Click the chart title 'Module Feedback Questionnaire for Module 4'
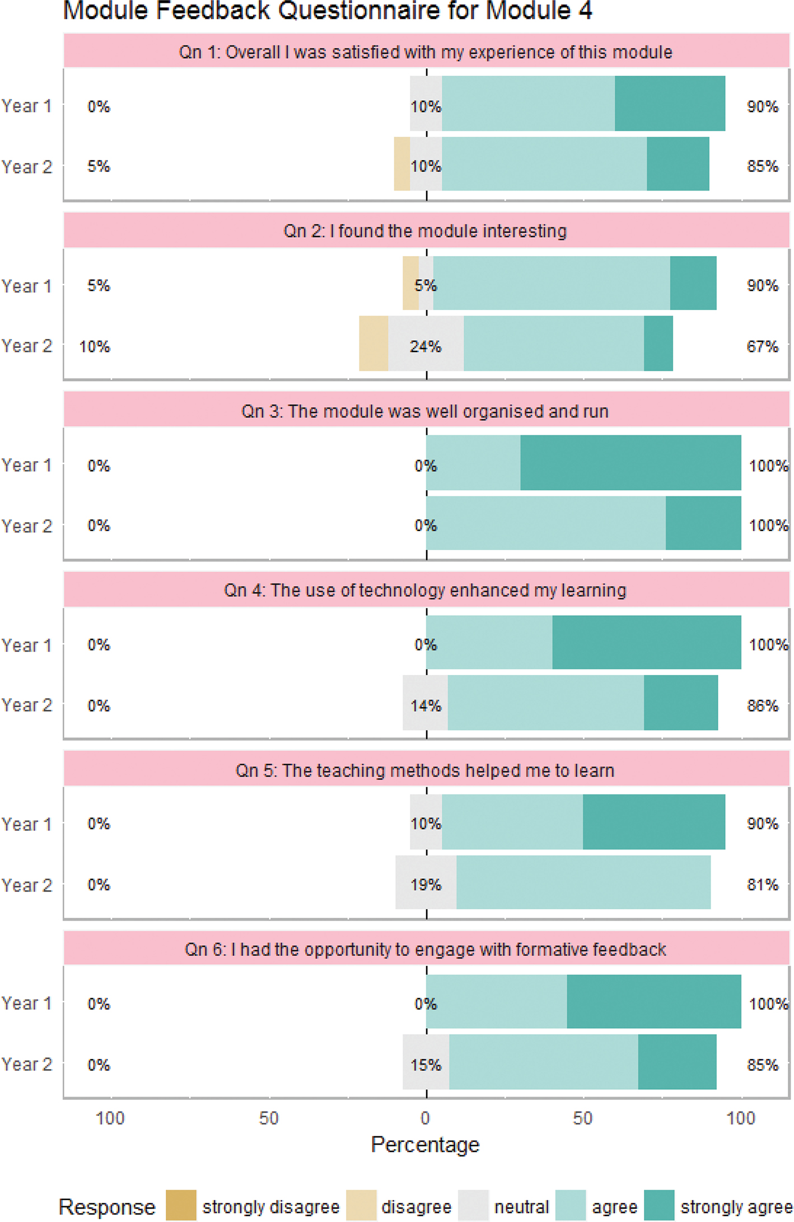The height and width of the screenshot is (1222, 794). tap(327, 11)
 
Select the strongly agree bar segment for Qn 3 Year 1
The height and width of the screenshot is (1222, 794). tap(630, 463)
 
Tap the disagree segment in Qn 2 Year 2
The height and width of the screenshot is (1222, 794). tap(373, 343)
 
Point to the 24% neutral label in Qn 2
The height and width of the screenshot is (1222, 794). tap(426, 347)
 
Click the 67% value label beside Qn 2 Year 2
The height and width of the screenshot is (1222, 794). tap(763, 347)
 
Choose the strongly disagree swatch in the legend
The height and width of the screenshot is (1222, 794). tap(181, 1205)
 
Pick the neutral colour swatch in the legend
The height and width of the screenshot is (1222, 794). tap(473, 1205)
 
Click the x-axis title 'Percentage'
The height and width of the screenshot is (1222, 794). tap(425, 1144)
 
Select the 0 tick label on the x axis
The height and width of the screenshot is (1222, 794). tap(425, 1118)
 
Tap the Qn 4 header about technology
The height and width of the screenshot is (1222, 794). tap(425, 591)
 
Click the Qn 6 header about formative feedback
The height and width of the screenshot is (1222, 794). tap(425, 949)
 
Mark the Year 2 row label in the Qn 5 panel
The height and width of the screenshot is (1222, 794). tap(27, 885)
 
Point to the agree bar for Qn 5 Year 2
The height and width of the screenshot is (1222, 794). tap(583, 882)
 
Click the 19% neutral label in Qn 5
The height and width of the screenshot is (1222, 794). tap(426, 885)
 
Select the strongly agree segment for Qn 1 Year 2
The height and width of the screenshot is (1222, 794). tap(678, 164)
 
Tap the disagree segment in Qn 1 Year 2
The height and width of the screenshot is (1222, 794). tap(401, 164)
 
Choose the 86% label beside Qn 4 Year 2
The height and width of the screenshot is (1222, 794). tap(763, 705)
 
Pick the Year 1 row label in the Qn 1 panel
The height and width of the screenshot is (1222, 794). tap(27, 106)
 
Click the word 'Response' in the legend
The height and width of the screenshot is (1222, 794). tap(107, 1207)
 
